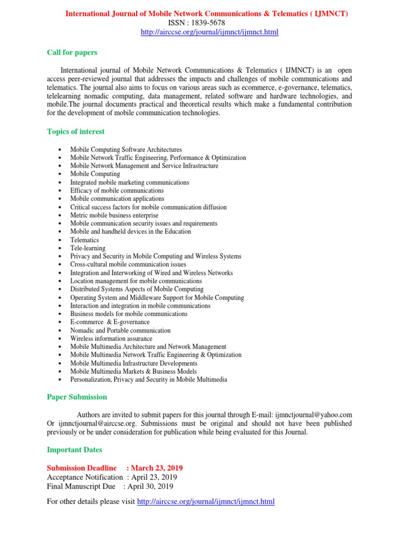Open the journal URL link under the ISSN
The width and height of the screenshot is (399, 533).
point(209,32)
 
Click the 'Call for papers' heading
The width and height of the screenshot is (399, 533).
point(72,53)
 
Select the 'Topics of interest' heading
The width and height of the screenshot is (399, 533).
point(75,132)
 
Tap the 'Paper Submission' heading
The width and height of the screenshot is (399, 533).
point(77,397)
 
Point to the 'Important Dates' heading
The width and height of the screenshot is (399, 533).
point(74,450)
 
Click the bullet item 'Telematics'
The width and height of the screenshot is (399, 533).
point(85,240)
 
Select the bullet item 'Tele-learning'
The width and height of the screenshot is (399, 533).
point(88,248)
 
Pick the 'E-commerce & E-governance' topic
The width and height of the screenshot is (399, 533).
point(110,322)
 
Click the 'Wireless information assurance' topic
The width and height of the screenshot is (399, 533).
point(112,339)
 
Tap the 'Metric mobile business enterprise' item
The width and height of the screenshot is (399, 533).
point(114,215)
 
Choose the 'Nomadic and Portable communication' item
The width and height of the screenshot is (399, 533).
point(121,331)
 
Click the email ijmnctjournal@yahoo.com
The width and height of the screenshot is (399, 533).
point(313,415)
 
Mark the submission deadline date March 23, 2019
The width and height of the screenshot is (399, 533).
point(157,468)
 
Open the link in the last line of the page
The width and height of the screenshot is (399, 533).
point(205,502)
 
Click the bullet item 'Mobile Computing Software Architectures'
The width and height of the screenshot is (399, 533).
point(126,149)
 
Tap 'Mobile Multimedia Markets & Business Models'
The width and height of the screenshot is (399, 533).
point(134,372)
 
